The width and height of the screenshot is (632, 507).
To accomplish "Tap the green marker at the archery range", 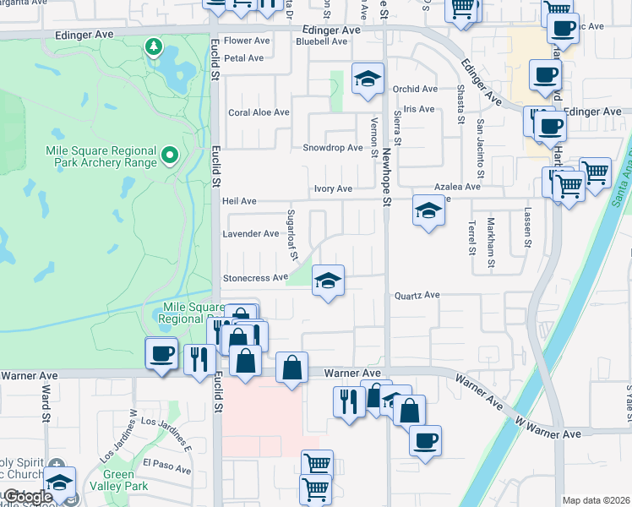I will pos(169,154).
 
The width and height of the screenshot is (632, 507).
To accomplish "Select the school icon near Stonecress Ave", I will pos(328,282).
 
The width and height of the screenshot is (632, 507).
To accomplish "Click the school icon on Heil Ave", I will pos(428,210).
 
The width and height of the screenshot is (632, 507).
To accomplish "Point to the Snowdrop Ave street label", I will pos(333,148).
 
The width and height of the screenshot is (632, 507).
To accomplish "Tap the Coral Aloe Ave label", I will pos(259,112).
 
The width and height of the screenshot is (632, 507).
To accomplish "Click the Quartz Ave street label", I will pos(417,295).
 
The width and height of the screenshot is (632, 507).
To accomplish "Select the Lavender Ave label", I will pos(250,234).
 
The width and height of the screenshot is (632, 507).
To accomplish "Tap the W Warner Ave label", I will pos(548,433).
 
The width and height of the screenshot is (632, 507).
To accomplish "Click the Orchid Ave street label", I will pos(415,89).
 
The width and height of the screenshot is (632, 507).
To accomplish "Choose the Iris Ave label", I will pos(418,109).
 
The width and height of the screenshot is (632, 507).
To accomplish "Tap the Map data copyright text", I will pos(597,500).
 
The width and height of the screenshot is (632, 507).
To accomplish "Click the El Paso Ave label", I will pos(164,463).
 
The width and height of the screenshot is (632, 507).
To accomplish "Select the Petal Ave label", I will pos(244,58).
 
